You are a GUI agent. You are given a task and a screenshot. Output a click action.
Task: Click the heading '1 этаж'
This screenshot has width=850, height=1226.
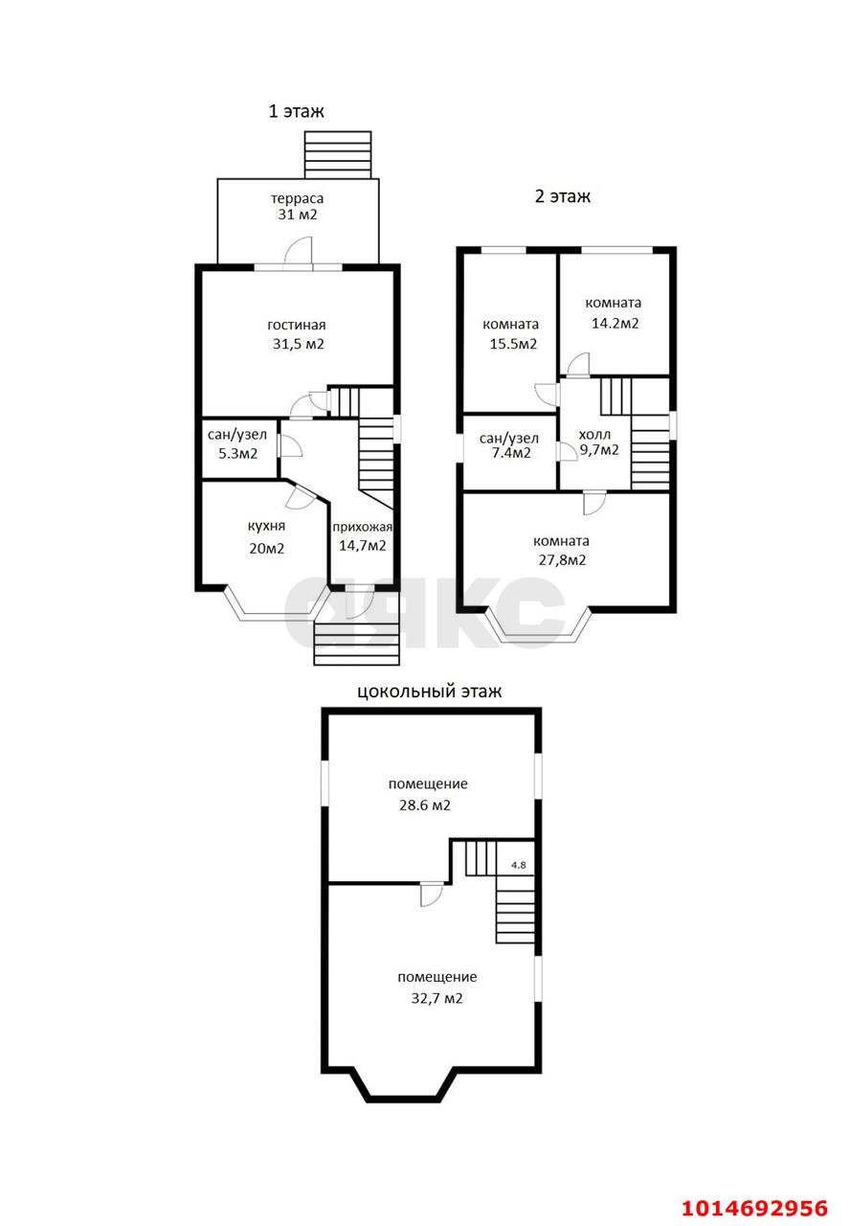[296, 111]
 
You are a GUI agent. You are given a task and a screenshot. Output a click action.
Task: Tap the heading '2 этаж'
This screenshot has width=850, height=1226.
[562, 196]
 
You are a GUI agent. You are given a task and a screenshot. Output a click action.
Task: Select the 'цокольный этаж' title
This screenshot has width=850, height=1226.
[430, 692]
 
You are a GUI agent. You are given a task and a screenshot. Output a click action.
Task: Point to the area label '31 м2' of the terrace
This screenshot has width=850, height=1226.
[297, 215]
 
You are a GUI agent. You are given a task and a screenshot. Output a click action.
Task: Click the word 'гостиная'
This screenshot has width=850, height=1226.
[297, 325]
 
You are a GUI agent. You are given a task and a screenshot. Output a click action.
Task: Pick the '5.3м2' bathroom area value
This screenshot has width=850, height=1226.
[238, 454]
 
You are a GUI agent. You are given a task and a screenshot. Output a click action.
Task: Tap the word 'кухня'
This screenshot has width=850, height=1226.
[266, 527]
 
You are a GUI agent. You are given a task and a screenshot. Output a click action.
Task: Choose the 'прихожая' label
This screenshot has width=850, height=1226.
[363, 527]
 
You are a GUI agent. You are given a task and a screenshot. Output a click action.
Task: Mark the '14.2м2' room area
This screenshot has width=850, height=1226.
[615, 324]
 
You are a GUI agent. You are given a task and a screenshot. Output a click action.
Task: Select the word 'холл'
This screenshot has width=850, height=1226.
[594, 435]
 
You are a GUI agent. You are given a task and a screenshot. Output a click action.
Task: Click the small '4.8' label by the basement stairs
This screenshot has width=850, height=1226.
[518, 865]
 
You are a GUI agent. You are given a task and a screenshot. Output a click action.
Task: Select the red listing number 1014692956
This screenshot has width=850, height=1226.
[754, 1209]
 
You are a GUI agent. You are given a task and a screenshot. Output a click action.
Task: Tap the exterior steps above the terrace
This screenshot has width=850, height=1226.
[338, 155]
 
